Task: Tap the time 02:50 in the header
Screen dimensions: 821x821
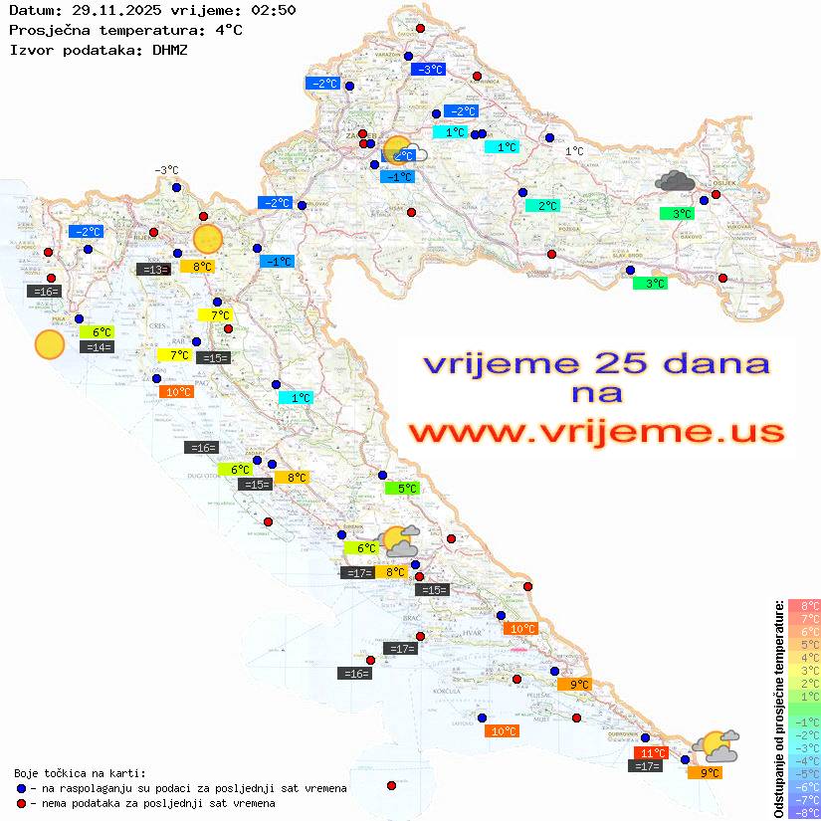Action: click(x=273, y=10)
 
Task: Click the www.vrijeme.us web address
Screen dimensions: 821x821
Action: click(x=596, y=432)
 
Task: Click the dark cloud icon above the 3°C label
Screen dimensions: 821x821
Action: click(x=676, y=181)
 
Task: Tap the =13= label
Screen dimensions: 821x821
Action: click(x=153, y=269)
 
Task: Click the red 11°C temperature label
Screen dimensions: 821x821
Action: click(x=652, y=753)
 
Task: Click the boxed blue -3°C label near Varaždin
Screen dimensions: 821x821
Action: click(x=428, y=70)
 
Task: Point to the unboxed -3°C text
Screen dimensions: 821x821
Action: click(x=166, y=170)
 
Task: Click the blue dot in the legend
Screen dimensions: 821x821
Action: click(x=22, y=788)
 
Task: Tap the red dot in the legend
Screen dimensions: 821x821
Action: click(x=22, y=803)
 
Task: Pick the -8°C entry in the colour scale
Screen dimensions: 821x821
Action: click(x=803, y=812)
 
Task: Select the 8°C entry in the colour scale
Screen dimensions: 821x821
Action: click(x=803, y=605)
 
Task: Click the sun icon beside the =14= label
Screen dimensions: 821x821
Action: click(x=49, y=344)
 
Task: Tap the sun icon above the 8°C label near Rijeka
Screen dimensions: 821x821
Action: click(x=207, y=239)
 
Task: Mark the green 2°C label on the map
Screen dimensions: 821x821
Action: click(x=542, y=206)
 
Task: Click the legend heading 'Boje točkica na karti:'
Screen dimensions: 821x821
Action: click(x=80, y=772)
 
